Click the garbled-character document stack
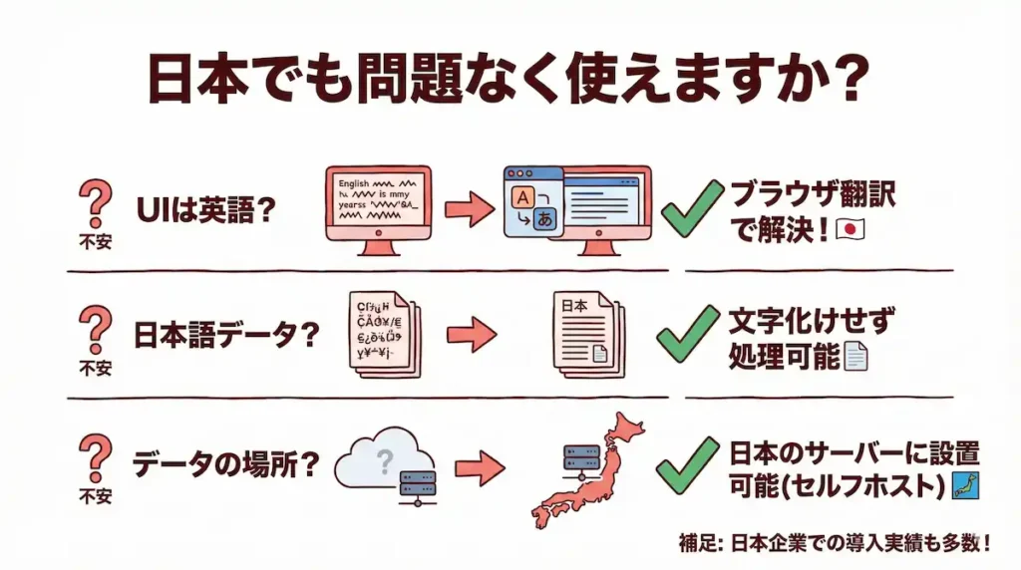click(x=385, y=334)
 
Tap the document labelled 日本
click(x=585, y=335)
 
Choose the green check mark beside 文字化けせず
click(x=688, y=334)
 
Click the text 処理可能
click(x=784, y=355)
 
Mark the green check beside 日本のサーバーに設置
click(x=688, y=465)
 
